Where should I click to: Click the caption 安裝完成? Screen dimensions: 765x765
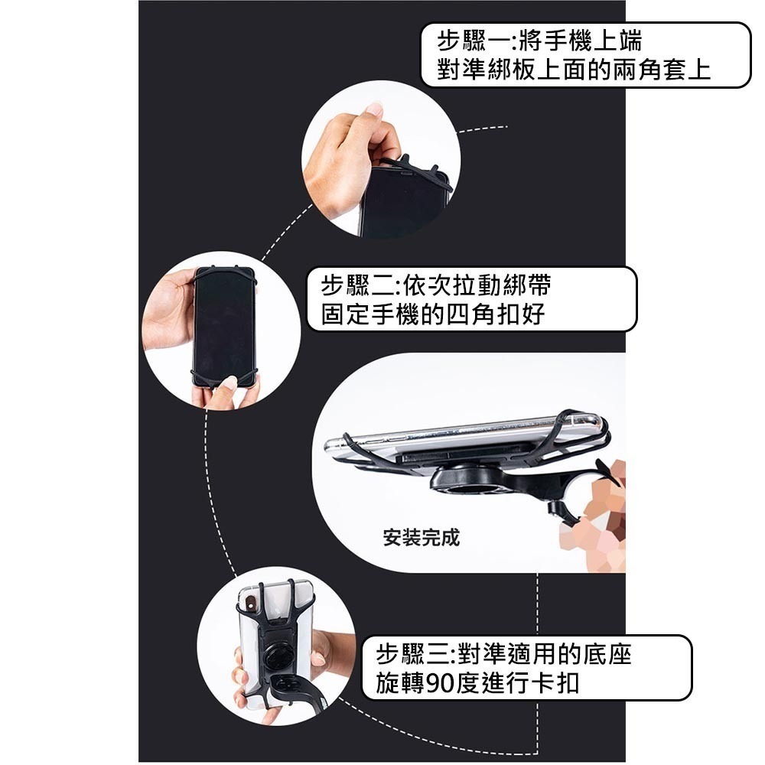[422, 538]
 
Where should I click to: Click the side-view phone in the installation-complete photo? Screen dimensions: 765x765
[459, 436]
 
